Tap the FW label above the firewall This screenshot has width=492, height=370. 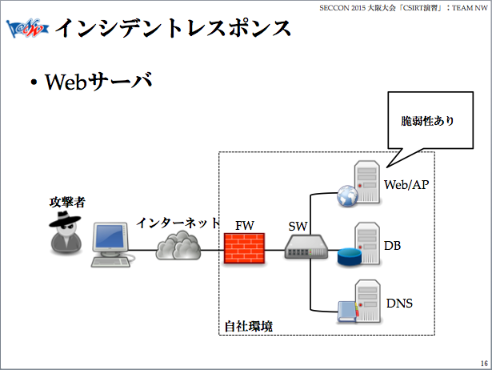pyautogui.click(x=245, y=225)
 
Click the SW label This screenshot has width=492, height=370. pyautogui.click(x=298, y=227)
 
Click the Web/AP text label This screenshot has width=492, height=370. pyautogui.click(x=407, y=185)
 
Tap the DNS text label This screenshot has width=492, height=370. pyautogui.click(x=399, y=304)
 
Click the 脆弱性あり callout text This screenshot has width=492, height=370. pyautogui.click(x=427, y=123)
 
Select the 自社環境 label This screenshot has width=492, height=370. pyautogui.click(x=247, y=326)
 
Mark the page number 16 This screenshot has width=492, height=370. pyautogui.click(x=484, y=362)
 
